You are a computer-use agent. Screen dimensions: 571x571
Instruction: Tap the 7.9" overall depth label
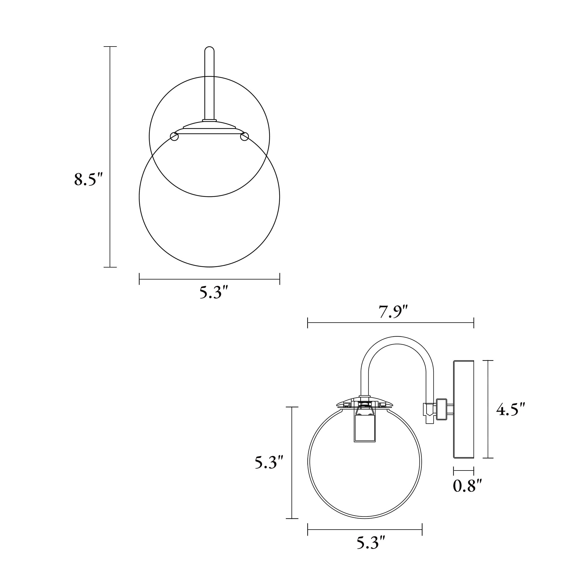(393, 312)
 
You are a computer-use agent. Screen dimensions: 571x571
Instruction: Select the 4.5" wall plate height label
(510, 409)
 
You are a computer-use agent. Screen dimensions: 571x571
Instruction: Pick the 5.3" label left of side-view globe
(269, 463)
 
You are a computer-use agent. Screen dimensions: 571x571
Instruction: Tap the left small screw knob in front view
(174, 136)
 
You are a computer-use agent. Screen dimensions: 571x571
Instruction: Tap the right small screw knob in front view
(244, 136)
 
